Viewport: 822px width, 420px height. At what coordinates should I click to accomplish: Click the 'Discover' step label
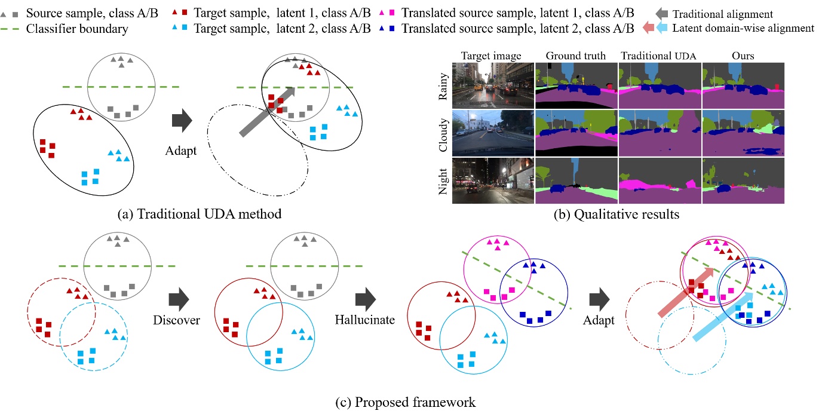(x=176, y=321)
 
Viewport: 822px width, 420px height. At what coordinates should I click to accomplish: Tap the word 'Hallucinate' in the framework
(x=366, y=320)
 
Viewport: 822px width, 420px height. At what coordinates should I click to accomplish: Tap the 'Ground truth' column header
(x=576, y=56)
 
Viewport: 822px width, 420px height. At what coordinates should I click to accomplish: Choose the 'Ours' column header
(x=743, y=56)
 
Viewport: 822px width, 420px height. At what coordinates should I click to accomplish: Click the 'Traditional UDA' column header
(x=660, y=56)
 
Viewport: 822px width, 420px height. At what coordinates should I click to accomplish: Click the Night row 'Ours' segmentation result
(x=743, y=180)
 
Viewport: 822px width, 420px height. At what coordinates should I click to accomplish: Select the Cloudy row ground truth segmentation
(x=576, y=132)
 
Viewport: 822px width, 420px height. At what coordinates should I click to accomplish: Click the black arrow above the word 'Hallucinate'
(x=366, y=298)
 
